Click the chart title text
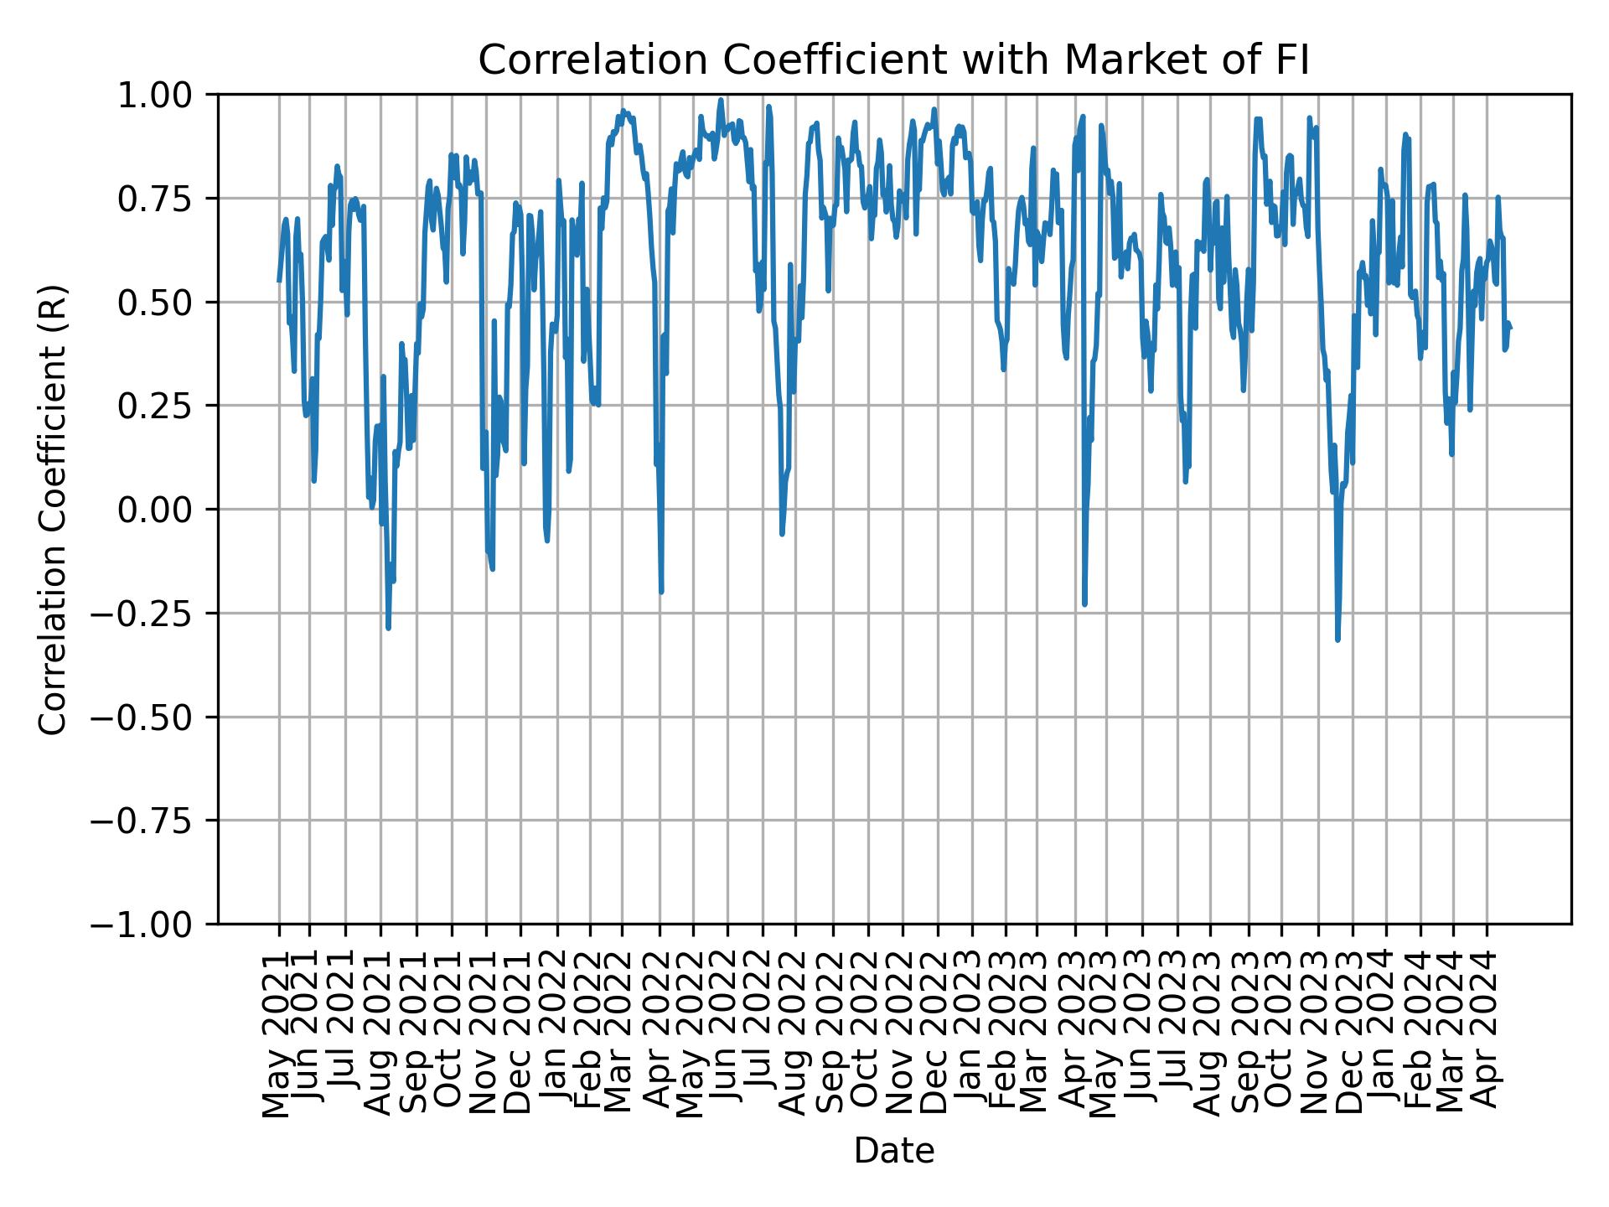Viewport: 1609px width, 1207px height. [x=893, y=61]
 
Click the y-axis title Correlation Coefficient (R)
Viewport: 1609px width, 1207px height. [x=53, y=509]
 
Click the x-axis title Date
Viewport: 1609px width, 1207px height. [x=893, y=1151]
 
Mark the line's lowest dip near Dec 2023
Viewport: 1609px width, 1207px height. [x=1337, y=640]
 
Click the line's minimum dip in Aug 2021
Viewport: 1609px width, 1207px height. [x=388, y=628]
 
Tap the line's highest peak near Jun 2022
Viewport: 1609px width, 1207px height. [x=721, y=100]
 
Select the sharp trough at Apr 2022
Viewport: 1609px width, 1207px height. [x=661, y=592]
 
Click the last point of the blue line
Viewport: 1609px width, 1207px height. [x=1510, y=328]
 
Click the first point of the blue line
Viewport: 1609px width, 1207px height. [x=279, y=281]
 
